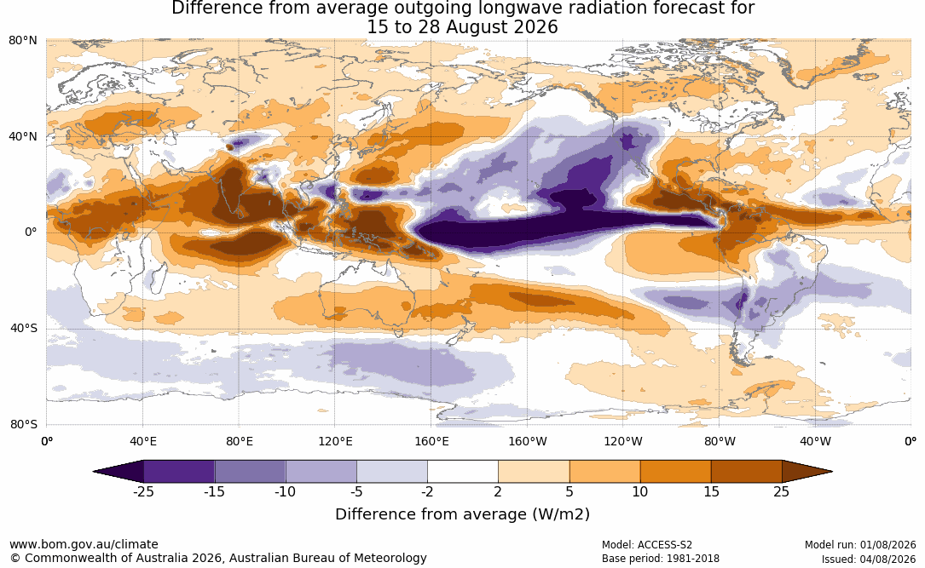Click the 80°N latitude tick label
tap(22, 40)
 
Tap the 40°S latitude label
tap(24, 328)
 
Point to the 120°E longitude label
tap(335, 441)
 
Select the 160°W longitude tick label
tap(527, 441)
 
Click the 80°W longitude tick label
tap(720, 441)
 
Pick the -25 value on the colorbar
tap(143, 491)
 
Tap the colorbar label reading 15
tap(711, 491)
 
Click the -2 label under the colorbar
tap(427, 491)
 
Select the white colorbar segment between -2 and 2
tap(463, 472)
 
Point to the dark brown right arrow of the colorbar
tap(806, 472)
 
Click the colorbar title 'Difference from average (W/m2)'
tap(462, 513)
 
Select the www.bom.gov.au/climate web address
tap(84, 544)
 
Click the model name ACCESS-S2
tap(664, 545)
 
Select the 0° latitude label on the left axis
tap(31, 232)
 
